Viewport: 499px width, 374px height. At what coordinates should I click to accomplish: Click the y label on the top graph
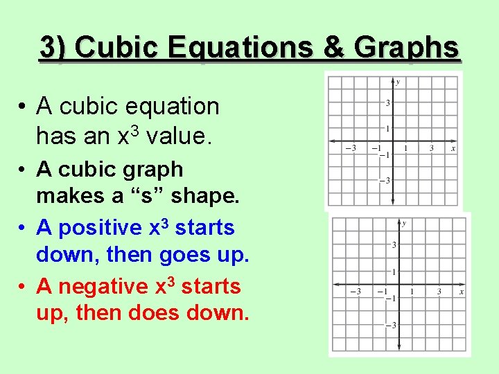[398, 82]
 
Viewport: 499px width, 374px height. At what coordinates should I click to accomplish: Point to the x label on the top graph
[453, 148]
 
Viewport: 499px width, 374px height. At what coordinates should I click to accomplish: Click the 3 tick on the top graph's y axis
[387, 103]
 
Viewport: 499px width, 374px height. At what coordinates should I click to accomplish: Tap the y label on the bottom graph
[404, 224]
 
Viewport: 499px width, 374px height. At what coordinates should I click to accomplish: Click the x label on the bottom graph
[461, 292]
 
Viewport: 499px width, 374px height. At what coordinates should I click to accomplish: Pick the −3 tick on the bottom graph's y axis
[392, 326]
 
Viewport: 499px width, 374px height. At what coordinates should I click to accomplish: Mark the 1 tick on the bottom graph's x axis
[412, 292]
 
